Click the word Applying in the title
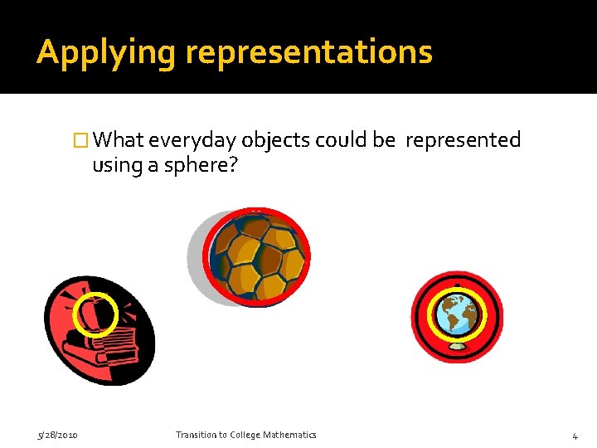[106, 52]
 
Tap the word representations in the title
[308, 52]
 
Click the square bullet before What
[80, 141]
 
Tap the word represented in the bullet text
[463, 140]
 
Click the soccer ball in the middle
[259, 256]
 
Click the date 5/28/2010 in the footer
[57, 435]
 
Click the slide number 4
[575, 436]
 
